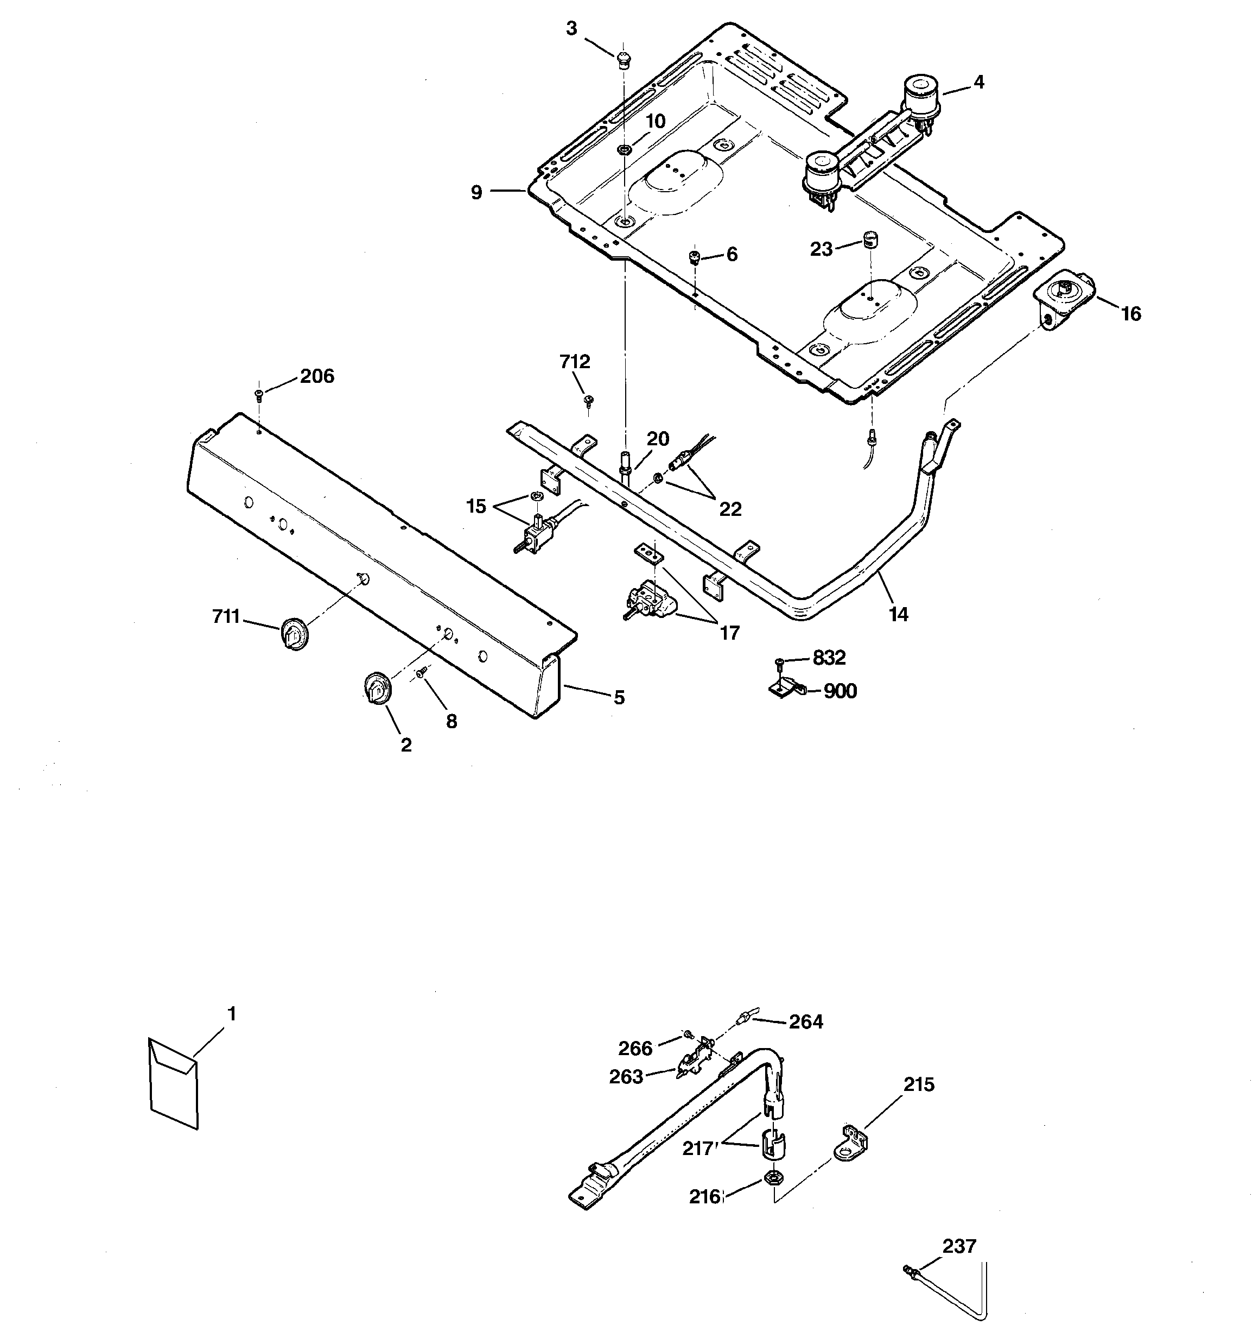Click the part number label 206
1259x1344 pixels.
pos(316,376)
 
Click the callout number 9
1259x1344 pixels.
pos(476,193)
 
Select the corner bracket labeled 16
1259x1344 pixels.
pos(1064,300)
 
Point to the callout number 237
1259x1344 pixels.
pos(959,1245)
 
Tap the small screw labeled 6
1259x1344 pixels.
pos(694,257)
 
